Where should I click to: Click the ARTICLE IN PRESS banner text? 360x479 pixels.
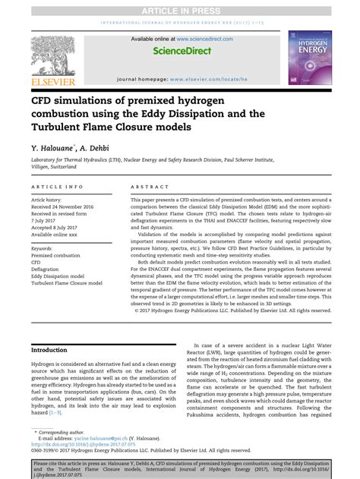coord(180,8)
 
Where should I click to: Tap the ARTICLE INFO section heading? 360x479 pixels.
coord(58,185)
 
